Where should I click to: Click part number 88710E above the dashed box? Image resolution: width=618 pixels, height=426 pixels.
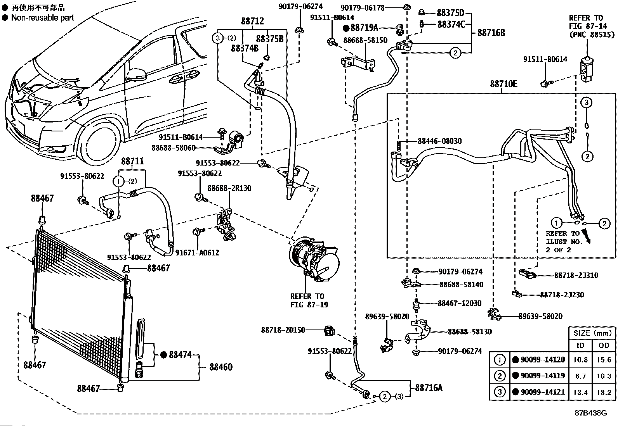[x=503, y=84]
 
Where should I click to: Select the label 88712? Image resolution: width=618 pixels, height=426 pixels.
[x=252, y=21]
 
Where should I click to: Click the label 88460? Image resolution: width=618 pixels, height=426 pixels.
[x=221, y=366]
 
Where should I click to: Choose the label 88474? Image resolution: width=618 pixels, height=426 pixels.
[x=181, y=354]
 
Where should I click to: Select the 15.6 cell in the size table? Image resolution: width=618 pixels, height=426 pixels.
[x=604, y=360]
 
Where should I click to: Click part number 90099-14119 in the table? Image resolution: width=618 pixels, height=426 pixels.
[x=543, y=376]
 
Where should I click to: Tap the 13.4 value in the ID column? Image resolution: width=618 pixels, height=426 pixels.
[x=580, y=392]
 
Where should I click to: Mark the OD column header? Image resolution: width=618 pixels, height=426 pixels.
[x=604, y=345]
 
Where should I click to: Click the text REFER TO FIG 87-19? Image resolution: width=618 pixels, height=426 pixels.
[x=309, y=300]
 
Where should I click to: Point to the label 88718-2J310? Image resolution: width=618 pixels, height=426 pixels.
[x=576, y=275]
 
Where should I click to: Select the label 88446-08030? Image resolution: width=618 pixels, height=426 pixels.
[x=440, y=141]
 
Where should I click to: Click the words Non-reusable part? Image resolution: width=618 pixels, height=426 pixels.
[x=42, y=17]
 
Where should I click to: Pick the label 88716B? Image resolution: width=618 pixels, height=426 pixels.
[x=491, y=33]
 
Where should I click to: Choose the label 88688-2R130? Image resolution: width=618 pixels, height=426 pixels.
[x=229, y=188]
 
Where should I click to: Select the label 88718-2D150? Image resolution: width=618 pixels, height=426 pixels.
[x=283, y=330]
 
